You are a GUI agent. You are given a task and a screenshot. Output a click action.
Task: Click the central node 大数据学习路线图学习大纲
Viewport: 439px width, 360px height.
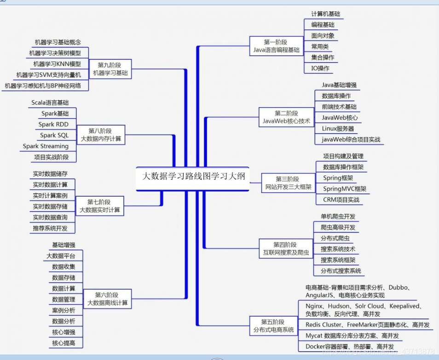pos(193,176)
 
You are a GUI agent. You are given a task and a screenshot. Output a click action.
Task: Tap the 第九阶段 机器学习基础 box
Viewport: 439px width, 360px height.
pos(110,69)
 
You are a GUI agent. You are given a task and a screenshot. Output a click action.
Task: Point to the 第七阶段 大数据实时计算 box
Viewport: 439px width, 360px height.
pos(99,205)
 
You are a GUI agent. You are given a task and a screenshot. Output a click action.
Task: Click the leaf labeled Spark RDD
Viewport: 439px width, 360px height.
pos(53,124)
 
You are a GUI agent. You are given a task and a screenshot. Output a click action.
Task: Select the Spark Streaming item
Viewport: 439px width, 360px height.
pos(46,146)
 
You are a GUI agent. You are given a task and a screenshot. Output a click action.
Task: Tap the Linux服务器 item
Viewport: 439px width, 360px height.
pos(338,128)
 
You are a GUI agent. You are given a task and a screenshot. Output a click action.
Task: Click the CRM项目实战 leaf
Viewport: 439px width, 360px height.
pos(341,200)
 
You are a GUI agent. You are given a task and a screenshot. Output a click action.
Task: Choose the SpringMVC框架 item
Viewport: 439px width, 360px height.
pos(344,189)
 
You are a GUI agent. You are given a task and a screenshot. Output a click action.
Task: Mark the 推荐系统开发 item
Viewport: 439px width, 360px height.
pos(50,228)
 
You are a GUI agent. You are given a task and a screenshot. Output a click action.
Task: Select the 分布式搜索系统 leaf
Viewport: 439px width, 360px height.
pos(341,271)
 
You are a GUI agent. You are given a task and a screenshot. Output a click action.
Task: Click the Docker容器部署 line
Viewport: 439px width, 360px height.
pos(350,346)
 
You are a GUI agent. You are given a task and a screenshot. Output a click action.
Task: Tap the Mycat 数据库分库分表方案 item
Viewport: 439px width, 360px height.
pos(352,336)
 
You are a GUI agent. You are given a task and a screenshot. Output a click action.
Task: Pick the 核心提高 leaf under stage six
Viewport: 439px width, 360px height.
pos(64,343)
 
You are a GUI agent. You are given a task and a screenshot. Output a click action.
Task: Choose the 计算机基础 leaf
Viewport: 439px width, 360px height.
pos(325,14)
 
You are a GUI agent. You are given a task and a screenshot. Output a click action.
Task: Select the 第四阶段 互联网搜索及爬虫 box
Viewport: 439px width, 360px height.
pos(285,249)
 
